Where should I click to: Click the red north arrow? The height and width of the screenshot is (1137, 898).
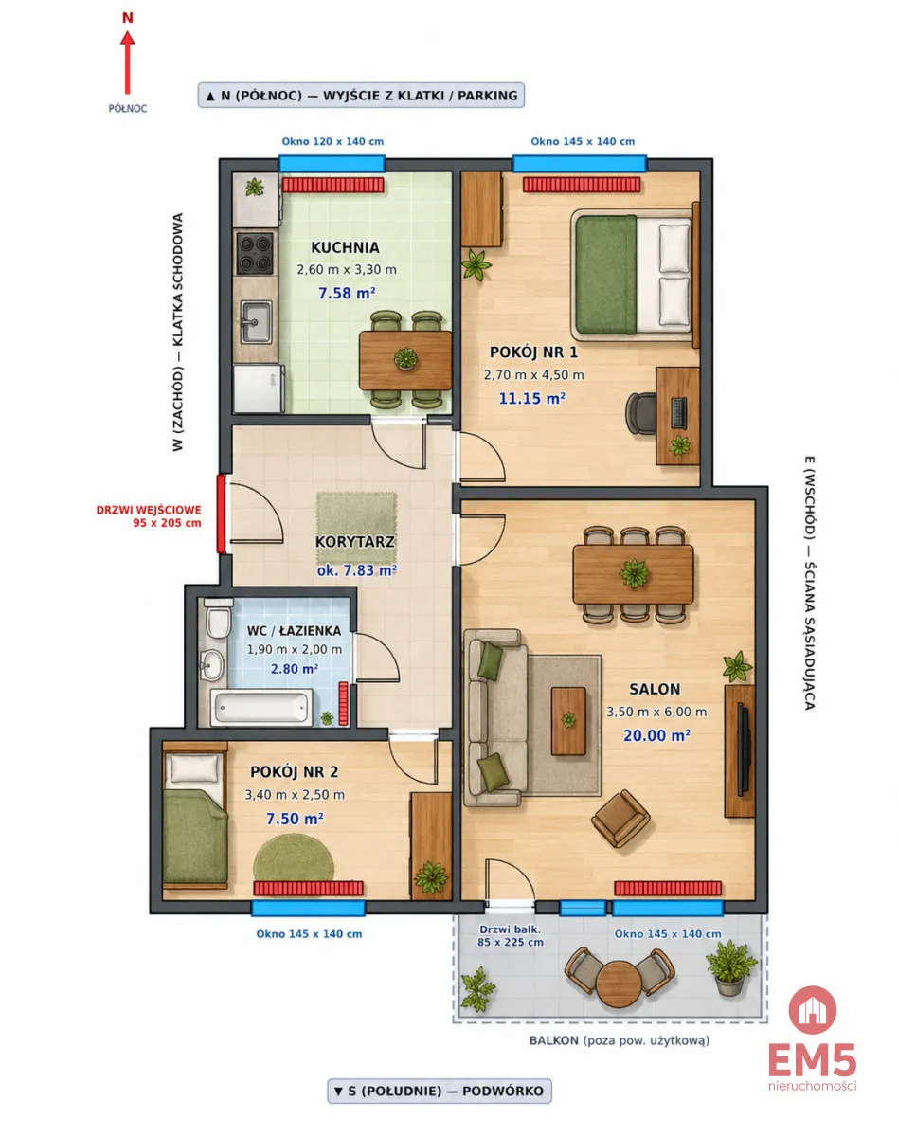pyautogui.click(x=127, y=63)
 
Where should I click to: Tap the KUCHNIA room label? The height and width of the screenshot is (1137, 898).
pyautogui.click(x=345, y=247)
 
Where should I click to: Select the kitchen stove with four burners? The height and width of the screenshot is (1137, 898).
pyautogui.click(x=255, y=253)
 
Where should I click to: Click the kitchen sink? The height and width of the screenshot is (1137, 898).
pyautogui.click(x=256, y=322)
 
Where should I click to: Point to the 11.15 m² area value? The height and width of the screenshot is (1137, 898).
pyautogui.click(x=532, y=398)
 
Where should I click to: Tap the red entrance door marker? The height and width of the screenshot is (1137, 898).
pyautogui.click(x=221, y=514)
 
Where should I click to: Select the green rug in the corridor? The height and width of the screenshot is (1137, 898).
pyautogui.click(x=356, y=528)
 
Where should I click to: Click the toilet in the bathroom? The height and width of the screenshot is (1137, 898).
pyautogui.click(x=218, y=618)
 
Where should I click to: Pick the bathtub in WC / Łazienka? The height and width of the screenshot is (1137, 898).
pyautogui.click(x=260, y=708)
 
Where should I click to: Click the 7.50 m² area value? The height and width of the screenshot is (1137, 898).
pyautogui.click(x=295, y=819)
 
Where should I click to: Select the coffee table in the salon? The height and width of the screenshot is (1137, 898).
pyautogui.click(x=568, y=721)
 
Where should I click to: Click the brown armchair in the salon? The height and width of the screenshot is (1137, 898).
pyautogui.click(x=620, y=819)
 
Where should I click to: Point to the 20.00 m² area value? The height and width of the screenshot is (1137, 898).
pyautogui.click(x=656, y=735)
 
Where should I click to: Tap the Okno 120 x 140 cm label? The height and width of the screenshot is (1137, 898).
pyautogui.click(x=332, y=141)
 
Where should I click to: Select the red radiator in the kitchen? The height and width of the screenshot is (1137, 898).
pyautogui.click(x=332, y=185)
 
